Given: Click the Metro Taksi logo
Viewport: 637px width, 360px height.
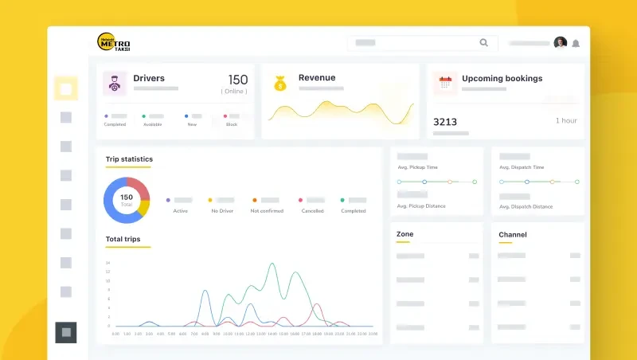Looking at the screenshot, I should (x=113, y=42).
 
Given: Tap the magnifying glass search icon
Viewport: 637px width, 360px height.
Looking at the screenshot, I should (x=483, y=43).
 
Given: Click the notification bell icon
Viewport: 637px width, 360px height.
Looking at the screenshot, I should (x=576, y=43).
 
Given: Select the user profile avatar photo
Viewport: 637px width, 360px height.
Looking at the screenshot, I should (x=561, y=43).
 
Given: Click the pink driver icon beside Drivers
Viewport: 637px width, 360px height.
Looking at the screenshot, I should (x=115, y=84).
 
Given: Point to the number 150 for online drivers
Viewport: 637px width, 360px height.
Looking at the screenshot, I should (x=237, y=80).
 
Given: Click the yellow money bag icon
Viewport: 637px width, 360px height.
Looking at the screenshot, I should (x=279, y=83).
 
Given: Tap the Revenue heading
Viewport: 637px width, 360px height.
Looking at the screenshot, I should (x=317, y=78).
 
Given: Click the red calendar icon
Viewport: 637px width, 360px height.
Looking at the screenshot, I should (x=445, y=83).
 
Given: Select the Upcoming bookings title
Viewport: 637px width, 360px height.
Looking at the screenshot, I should (x=502, y=79).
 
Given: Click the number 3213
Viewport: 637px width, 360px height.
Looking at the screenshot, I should (x=445, y=122).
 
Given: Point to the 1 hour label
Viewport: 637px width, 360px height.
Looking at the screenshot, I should (x=566, y=120).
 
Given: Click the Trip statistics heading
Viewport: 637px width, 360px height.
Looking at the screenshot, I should (x=129, y=159).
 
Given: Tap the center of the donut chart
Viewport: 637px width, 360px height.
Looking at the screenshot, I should (x=127, y=200).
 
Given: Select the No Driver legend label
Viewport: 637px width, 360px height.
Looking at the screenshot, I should (x=222, y=211).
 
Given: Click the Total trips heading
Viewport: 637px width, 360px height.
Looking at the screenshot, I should (x=123, y=239).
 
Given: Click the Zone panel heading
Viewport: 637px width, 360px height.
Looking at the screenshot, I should (x=404, y=234).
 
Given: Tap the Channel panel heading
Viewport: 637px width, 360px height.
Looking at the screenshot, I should (x=512, y=235).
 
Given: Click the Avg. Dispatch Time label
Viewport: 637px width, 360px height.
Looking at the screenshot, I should (x=522, y=167).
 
